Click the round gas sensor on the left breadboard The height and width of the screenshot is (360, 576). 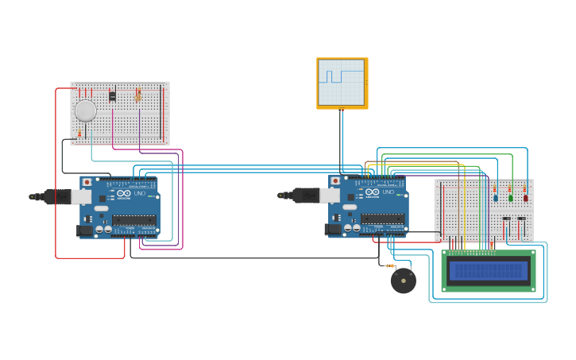85,110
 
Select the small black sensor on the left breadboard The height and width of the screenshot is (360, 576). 112,96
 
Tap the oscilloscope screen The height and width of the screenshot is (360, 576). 341,83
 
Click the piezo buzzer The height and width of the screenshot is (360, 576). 404,281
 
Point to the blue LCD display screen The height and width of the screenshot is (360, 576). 488,271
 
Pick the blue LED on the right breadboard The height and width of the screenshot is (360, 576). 496,197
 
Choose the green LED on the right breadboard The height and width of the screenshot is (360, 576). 511,197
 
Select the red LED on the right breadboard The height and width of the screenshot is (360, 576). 525,197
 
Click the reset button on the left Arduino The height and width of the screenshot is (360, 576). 86,181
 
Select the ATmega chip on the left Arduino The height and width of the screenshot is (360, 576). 133,219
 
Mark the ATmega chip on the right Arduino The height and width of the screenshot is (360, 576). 381,219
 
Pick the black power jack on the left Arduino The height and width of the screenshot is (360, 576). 83,230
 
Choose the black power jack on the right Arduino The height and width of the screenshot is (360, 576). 332,230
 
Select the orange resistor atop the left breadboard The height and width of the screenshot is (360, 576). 138,95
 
